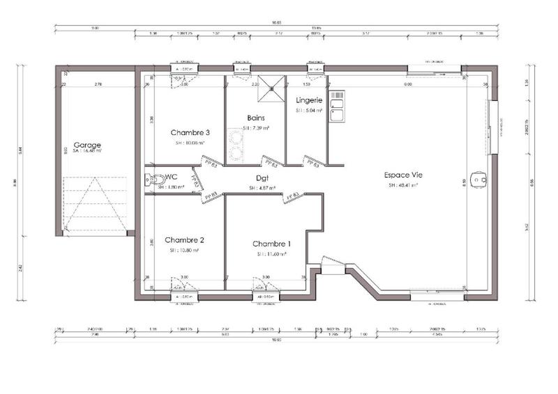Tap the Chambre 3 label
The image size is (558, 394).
(190, 132)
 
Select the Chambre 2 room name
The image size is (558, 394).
(184, 240)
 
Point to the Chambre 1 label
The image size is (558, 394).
(272, 244)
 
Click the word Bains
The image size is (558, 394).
(255, 118)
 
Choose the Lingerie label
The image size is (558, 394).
(308, 100)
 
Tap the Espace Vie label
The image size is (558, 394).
(404, 175)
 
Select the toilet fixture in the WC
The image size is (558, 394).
(150, 181)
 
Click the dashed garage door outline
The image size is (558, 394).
(95, 205)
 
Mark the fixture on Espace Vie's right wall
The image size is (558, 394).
(478, 180)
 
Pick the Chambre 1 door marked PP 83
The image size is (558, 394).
(292, 197)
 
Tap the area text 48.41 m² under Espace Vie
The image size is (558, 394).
(404, 186)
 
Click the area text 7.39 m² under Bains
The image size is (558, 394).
(256, 129)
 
